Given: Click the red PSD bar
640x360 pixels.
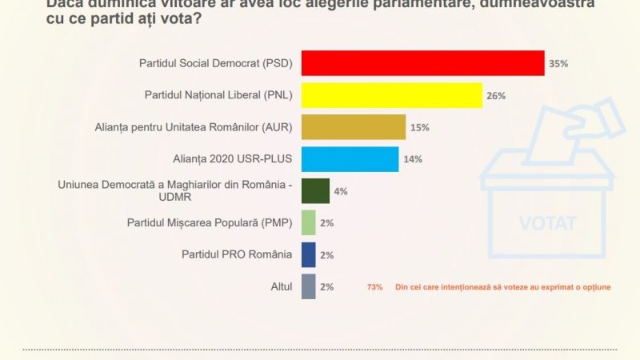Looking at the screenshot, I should (x=422, y=63).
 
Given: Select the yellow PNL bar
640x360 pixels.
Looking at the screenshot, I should (x=391, y=95).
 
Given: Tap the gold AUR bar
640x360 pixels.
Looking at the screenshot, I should (x=353, y=127).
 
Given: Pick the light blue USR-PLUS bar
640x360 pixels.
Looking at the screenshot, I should (x=350, y=159).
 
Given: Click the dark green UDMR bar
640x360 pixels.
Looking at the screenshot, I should (x=315, y=191).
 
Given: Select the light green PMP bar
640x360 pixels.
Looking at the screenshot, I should (x=308, y=223).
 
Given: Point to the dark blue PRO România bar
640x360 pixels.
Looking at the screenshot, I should (x=308, y=254).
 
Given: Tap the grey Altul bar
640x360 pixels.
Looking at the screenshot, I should (x=308, y=286).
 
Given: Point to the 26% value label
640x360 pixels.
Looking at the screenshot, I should (x=496, y=96).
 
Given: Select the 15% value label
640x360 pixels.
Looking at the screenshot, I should (x=420, y=128).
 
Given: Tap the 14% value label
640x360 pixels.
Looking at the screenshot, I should (x=413, y=160).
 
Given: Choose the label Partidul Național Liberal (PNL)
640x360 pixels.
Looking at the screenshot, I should (x=218, y=95).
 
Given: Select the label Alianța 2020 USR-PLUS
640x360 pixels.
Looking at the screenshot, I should (x=232, y=158).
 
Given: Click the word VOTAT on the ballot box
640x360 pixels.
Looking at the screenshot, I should (x=547, y=223).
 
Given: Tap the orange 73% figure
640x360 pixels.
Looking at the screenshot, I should (x=374, y=287).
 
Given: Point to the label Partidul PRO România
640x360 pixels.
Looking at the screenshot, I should (x=238, y=254).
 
